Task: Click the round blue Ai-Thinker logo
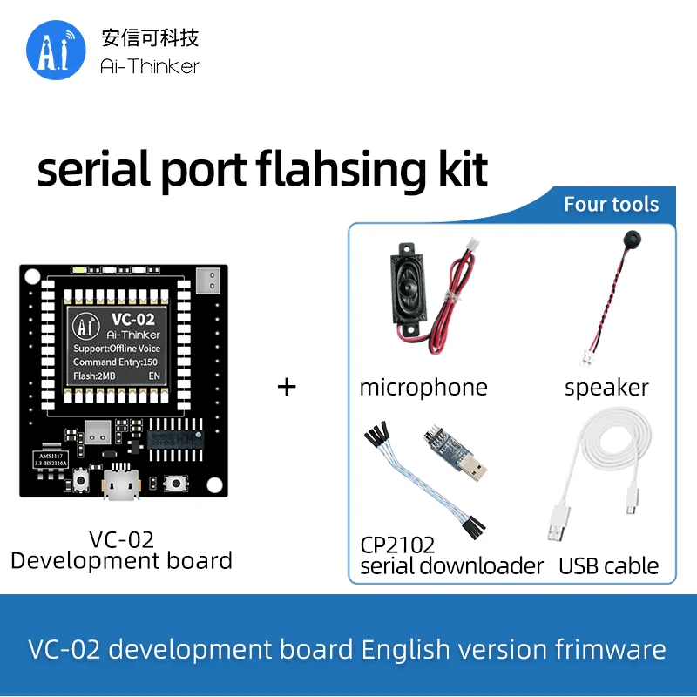tap(56, 51)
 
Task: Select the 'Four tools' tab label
tap(611, 205)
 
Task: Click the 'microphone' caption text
tap(423, 388)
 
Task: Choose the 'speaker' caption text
tap(606, 388)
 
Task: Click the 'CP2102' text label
tap(397, 545)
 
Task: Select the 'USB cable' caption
tap(608, 566)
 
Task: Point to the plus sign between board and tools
tap(287, 386)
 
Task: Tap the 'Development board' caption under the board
tap(121, 560)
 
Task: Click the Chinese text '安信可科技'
tap(150, 37)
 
